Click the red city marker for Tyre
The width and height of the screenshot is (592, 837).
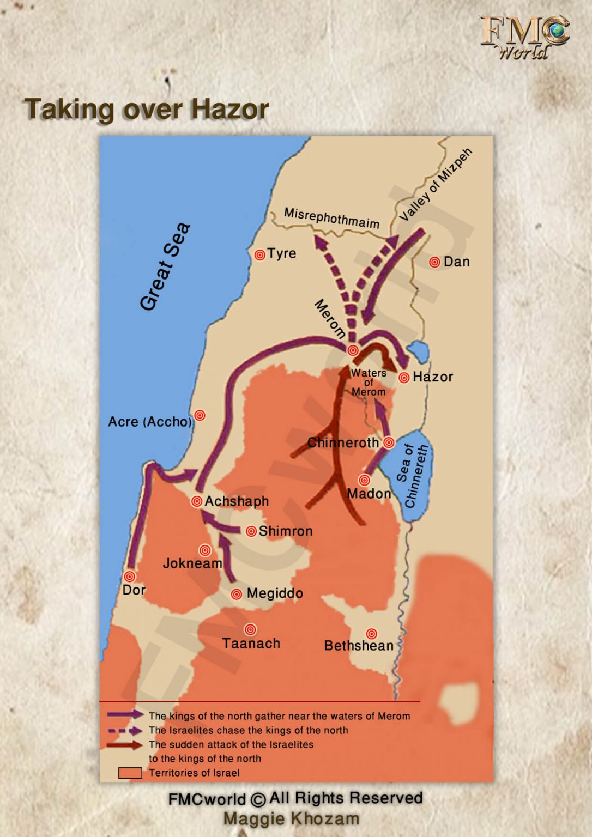click(260, 254)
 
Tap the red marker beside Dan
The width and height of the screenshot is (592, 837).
click(434, 262)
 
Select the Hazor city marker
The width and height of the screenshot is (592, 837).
click(404, 377)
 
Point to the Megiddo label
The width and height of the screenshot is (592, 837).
click(275, 593)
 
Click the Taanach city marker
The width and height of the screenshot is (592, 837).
click(250, 629)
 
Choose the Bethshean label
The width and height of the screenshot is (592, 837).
click(359, 646)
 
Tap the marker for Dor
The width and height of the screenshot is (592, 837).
click(130, 576)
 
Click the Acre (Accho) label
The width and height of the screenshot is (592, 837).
click(150, 422)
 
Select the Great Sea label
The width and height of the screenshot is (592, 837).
click(165, 266)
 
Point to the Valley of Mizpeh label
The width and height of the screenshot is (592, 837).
click(436, 184)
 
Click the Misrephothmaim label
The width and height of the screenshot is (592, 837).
click(331, 218)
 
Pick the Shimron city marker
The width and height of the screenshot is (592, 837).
click(251, 531)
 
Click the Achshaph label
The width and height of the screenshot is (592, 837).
click(237, 501)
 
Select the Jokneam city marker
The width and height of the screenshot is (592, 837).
click(205, 550)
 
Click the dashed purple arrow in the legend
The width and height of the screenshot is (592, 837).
click(125, 731)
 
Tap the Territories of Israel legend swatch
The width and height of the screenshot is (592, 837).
click(130, 773)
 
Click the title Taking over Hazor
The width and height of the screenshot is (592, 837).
click(147, 109)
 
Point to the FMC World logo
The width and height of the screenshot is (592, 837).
click(524, 37)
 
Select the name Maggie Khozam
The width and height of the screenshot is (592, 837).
click(291, 818)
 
